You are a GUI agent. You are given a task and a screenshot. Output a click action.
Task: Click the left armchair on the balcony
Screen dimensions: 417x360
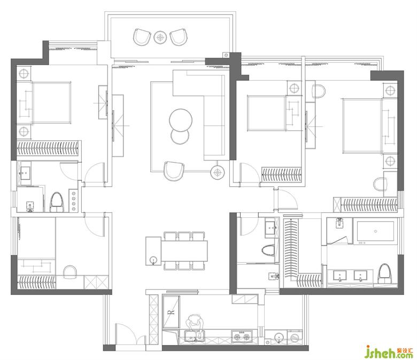tap(142, 37)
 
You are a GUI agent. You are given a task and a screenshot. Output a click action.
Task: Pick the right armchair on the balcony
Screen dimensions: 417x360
tap(179, 37)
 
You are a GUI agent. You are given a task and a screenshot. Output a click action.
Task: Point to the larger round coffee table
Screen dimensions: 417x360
tap(181, 120)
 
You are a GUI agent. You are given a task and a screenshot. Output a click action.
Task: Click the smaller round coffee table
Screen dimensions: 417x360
tap(180, 136)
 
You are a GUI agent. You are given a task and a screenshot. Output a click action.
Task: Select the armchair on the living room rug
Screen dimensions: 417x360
tap(174, 171)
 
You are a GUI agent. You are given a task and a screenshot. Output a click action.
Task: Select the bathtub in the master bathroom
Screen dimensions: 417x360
tap(375, 231)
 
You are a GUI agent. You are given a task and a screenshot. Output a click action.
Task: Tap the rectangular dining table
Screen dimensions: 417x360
tap(184, 251)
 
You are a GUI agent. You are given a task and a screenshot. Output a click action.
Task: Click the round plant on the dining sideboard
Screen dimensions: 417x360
tap(153, 260)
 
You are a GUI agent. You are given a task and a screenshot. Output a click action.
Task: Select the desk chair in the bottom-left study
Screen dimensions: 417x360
tap(70, 272)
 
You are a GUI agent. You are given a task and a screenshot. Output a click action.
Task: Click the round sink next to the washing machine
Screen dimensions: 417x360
tap(279, 338)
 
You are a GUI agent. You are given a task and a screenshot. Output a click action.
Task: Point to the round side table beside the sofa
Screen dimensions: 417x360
tap(218, 173)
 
